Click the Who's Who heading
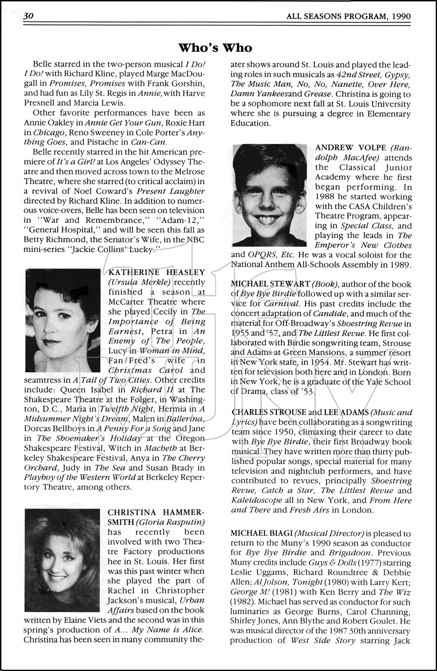click(215, 48)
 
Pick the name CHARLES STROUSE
click(269, 412)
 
